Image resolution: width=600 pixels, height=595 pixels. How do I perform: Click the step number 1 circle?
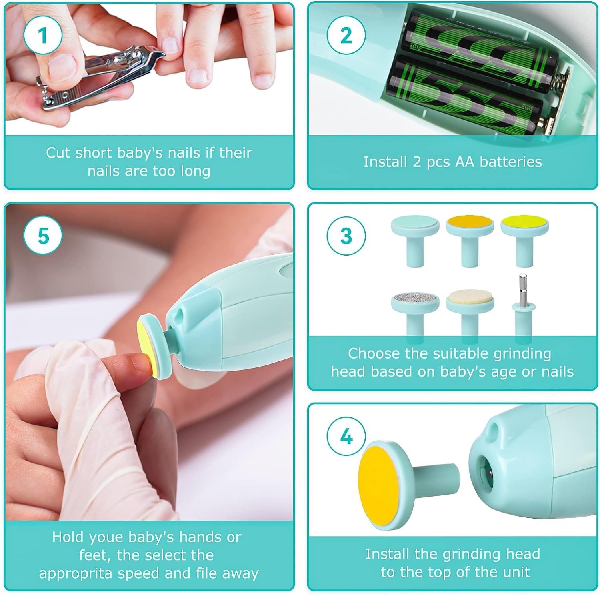[x=43, y=35]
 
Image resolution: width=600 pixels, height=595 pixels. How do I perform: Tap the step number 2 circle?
[x=346, y=35]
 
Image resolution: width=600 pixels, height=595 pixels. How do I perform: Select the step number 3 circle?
[x=346, y=236]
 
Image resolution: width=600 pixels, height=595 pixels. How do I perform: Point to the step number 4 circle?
[x=346, y=437]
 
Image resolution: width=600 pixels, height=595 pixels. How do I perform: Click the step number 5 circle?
[x=43, y=236]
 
